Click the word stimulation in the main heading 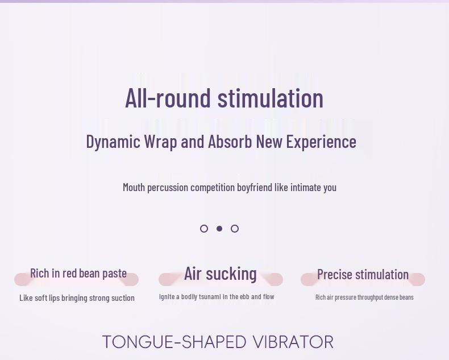tap(271, 98)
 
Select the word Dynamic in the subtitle tap(113, 142)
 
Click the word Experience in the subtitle tap(321, 142)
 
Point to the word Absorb tap(230, 141)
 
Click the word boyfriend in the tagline tap(254, 188)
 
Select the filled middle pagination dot tap(219, 229)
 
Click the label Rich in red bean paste tap(78, 273)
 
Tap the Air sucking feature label tap(220, 274)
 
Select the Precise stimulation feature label tap(363, 274)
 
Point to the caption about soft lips tap(77, 298)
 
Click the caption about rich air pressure tap(364, 297)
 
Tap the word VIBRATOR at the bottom tap(293, 342)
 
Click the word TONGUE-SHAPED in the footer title tap(174, 342)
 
